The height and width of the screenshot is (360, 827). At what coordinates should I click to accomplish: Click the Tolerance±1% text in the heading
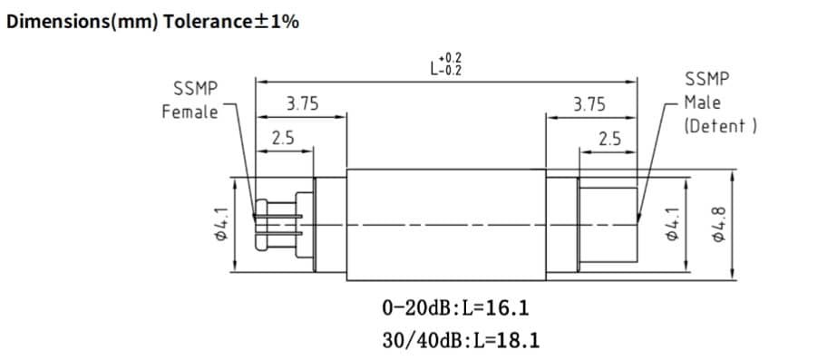(x=231, y=22)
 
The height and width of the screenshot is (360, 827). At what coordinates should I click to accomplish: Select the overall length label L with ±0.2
(x=445, y=64)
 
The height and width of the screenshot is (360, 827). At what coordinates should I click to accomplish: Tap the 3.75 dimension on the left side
(x=302, y=103)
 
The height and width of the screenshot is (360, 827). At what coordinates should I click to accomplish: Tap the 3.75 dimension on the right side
(x=589, y=104)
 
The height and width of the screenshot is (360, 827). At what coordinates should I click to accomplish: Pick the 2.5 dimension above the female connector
(x=283, y=139)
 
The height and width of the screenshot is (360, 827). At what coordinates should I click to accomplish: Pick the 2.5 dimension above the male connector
(x=609, y=140)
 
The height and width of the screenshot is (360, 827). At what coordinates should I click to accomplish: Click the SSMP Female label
(x=190, y=100)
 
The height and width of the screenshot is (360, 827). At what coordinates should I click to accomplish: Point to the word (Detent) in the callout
(x=721, y=126)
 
